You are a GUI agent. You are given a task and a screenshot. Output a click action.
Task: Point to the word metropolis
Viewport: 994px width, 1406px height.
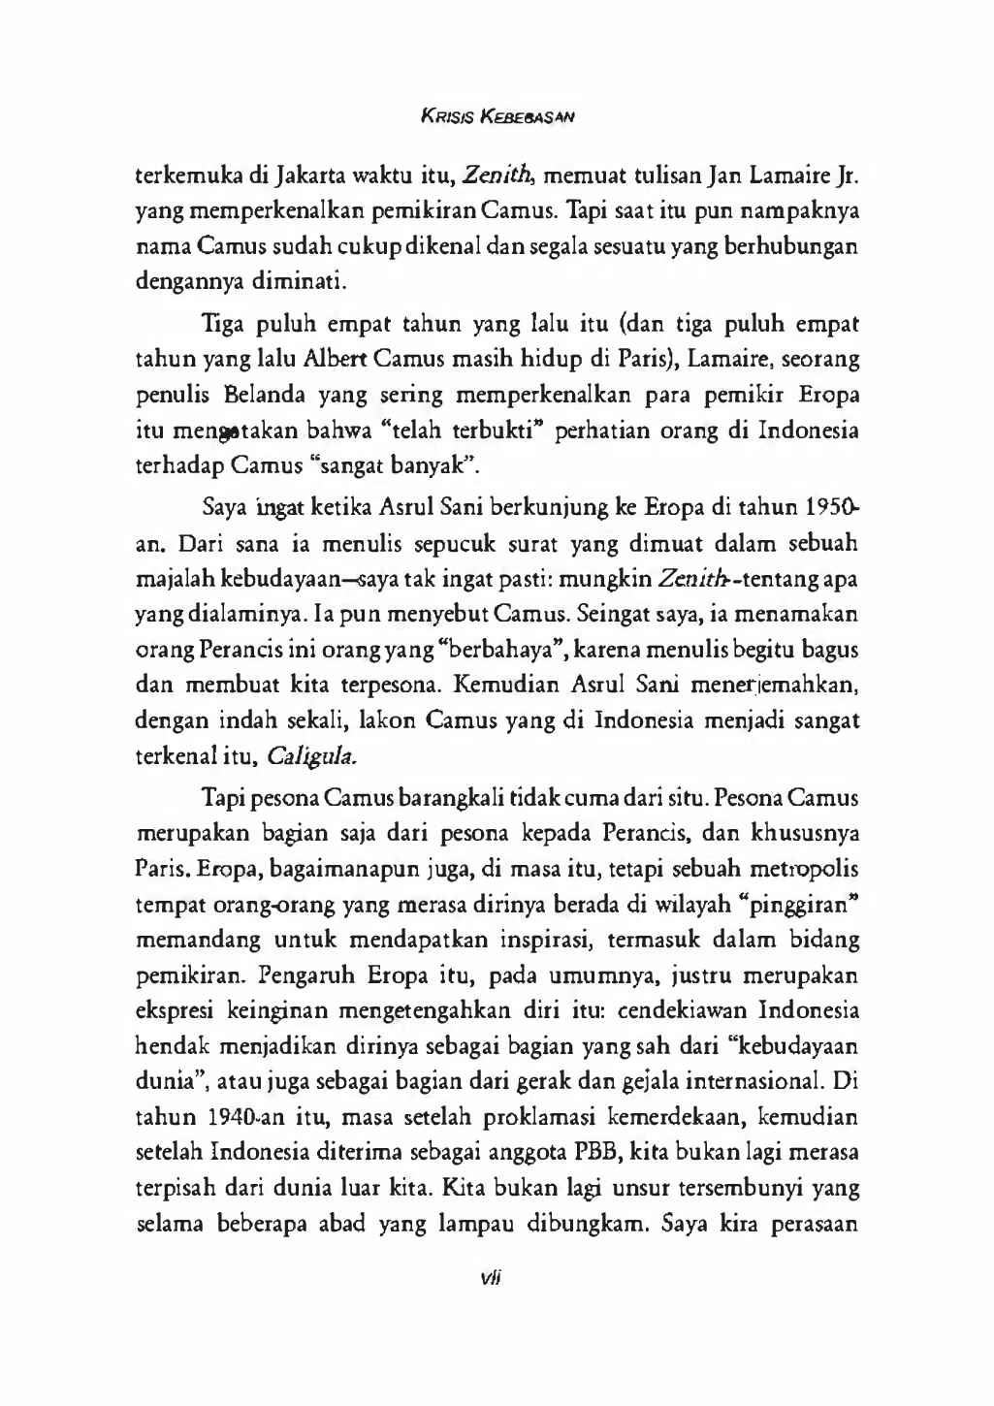800,869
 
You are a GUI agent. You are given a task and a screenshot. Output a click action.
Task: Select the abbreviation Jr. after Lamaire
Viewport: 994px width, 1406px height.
847,176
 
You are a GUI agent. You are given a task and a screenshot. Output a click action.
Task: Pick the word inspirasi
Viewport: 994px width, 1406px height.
550,941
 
